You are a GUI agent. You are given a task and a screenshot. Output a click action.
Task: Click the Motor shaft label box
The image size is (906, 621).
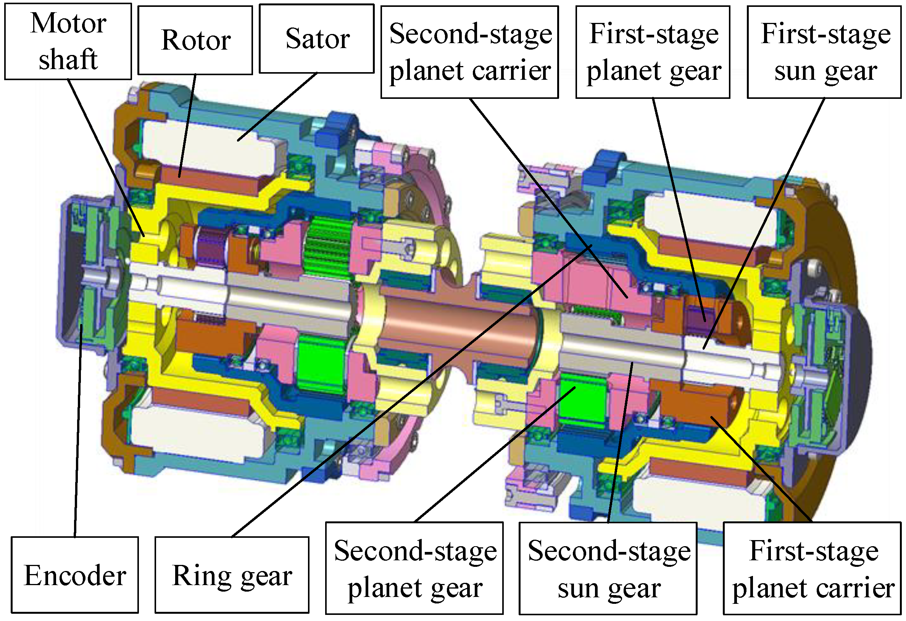[68, 42]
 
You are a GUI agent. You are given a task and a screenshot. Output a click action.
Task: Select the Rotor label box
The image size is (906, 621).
[195, 40]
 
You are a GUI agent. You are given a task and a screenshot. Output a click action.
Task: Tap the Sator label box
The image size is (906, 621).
[317, 39]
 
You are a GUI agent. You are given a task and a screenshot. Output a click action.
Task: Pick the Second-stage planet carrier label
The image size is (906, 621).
[470, 52]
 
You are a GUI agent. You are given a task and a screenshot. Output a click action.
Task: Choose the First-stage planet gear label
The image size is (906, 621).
[653, 52]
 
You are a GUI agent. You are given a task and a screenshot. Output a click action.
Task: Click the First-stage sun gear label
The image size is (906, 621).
[825, 52]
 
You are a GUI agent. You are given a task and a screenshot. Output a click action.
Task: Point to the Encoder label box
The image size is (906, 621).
[75, 575]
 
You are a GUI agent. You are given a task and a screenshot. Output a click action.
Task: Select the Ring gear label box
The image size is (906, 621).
[232, 575]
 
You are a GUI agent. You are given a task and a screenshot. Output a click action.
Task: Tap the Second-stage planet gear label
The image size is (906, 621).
[414, 568]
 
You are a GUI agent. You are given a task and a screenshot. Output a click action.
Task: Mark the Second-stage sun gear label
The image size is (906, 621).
[608, 568]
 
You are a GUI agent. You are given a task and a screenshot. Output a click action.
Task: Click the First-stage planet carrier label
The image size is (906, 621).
[812, 568]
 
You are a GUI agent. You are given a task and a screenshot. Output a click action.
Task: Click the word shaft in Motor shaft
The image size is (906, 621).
[68, 59]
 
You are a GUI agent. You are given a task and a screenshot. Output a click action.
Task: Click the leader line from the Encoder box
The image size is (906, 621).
[77, 429]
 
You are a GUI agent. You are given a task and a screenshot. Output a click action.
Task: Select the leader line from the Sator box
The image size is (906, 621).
[277, 107]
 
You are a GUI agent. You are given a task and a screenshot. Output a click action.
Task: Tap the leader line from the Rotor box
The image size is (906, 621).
[187, 125]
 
